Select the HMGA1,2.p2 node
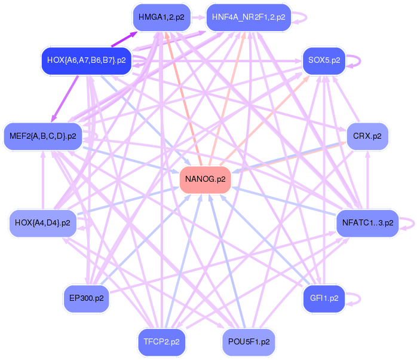157,17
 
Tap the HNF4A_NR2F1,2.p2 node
249,17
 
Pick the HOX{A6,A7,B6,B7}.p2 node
86,60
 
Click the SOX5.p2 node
324,60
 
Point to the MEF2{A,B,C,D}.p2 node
43,136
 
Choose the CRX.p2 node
367,136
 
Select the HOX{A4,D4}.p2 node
42,223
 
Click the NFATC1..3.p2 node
367,223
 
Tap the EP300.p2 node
87,298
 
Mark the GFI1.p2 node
324,298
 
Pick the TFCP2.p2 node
161,342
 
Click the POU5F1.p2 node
249,342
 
